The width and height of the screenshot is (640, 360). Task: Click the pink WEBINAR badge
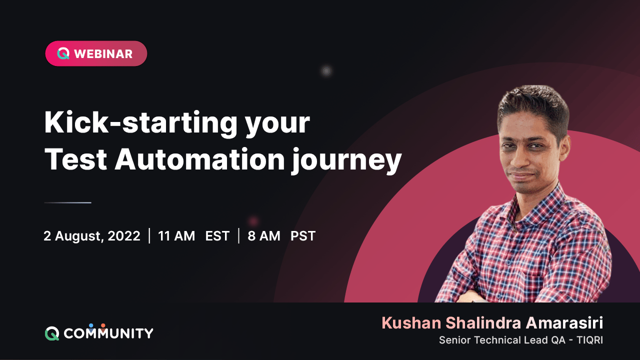point(96,53)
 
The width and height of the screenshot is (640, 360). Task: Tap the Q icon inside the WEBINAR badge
point(63,54)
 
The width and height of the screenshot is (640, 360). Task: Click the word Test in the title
point(74,159)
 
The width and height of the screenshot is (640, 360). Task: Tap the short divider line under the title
point(67,202)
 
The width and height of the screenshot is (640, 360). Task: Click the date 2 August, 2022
point(92,236)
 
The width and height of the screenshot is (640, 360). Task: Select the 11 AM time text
point(176,236)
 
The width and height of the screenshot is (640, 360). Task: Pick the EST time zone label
point(217,236)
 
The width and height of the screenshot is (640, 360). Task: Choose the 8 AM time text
point(264,236)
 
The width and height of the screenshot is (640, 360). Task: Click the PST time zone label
point(303,236)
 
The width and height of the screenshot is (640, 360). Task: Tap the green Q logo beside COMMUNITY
point(52,333)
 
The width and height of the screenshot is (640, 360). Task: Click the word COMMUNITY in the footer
point(108,333)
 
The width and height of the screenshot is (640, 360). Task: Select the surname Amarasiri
point(564,323)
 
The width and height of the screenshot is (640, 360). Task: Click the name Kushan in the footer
point(411,323)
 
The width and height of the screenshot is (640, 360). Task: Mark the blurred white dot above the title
point(326,71)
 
